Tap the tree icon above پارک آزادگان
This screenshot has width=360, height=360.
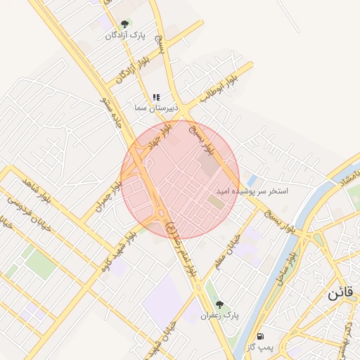(124, 24)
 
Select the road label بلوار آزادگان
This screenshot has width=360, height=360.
(125, 70)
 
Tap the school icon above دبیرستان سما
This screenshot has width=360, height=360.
(156, 97)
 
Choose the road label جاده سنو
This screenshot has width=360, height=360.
(113, 113)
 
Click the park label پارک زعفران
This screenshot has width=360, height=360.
(220, 316)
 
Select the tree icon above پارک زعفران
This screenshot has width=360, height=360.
(219, 304)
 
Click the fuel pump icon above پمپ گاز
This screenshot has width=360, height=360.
(262, 337)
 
